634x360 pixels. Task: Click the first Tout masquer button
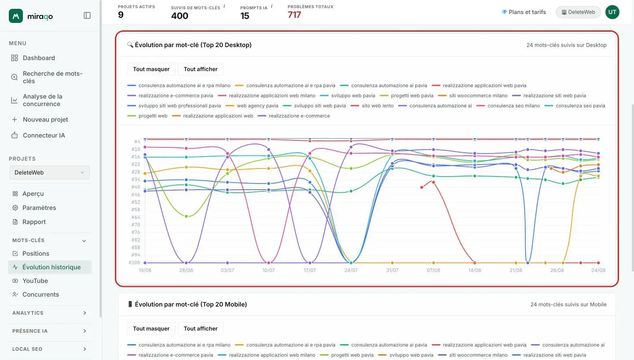point(151,69)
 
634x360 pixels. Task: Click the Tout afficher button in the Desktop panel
point(200,69)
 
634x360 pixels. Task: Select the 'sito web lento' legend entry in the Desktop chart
point(372,106)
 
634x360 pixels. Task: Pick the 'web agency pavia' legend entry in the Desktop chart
point(252,106)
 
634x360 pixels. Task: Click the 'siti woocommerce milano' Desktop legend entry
point(473,96)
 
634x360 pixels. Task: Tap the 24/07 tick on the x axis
point(351,270)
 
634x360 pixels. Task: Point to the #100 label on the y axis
point(134,263)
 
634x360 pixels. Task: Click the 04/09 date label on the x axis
point(598,270)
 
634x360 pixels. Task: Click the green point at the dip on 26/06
point(186,216)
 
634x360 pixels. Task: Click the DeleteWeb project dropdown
point(49,173)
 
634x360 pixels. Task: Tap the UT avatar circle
point(612,12)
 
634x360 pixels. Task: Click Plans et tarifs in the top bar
point(523,12)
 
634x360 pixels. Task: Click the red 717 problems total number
point(295,15)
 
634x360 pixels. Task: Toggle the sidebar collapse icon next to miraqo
point(87,15)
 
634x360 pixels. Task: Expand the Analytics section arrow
point(85,313)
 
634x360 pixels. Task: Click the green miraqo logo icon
point(16,16)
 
